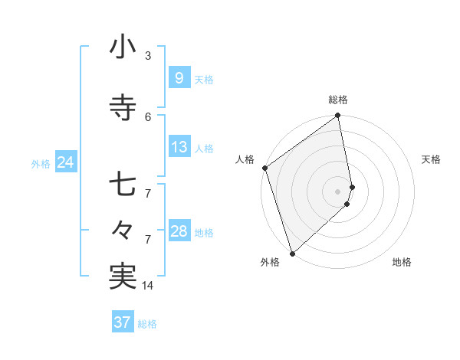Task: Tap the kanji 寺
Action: pos(123,108)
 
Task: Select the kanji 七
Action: pos(123,185)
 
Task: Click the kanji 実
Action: pos(123,277)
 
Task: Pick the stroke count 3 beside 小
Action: pos(148,56)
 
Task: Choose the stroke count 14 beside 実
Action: pos(148,286)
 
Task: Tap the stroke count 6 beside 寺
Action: pos(148,116)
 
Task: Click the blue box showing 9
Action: pos(179,77)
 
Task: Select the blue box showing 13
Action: pos(179,147)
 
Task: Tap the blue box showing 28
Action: pos(179,231)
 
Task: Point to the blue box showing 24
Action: pos(66,162)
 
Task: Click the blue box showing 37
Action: pos(122,322)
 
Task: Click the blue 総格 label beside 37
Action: pos(147,324)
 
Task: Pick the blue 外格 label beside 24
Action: pos(40,163)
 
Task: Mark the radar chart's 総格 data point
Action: pos(338,116)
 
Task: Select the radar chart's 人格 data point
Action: pos(265,168)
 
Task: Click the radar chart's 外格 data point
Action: pos(292,253)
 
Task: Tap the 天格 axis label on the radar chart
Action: pos(431,159)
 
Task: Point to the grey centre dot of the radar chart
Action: pos(338,191)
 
